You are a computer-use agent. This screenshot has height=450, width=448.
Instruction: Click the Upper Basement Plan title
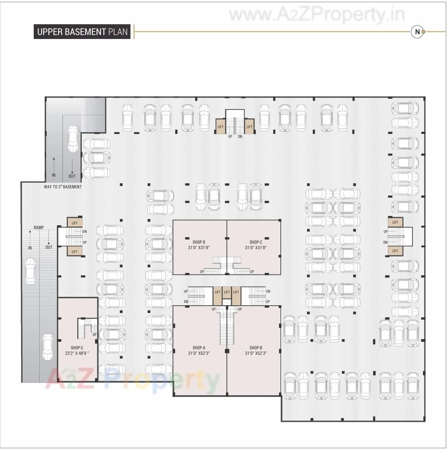(x=82, y=32)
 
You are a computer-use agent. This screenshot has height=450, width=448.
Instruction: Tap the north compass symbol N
(x=417, y=32)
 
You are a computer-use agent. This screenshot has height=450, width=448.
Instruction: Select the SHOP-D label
(x=199, y=242)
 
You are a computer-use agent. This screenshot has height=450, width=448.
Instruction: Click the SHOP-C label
(x=256, y=242)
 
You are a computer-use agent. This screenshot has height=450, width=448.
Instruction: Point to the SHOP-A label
(x=199, y=348)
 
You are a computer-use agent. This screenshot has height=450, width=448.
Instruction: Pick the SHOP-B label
(x=256, y=348)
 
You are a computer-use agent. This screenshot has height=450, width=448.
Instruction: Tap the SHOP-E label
(x=77, y=348)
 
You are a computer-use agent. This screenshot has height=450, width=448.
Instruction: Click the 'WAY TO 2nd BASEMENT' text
(x=63, y=187)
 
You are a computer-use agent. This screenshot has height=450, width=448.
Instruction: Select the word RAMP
(x=39, y=227)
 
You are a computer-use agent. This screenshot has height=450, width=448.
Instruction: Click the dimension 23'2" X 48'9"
(x=77, y=353)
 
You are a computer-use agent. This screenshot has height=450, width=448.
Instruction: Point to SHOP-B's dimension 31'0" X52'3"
(x=256, y=353)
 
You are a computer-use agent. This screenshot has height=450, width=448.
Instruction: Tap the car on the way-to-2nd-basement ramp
(x=73, y=139)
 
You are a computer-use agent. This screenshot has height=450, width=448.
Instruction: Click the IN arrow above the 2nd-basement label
(x=54, y=165)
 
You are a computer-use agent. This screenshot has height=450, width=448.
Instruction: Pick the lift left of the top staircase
(x=220, y=126)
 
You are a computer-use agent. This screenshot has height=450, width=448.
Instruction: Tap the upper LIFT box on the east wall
(x=395, y=222)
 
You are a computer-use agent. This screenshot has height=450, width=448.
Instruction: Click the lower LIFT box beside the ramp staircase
(x=74, y=252)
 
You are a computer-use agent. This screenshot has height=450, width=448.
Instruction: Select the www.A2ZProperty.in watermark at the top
(x=316, y=15)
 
